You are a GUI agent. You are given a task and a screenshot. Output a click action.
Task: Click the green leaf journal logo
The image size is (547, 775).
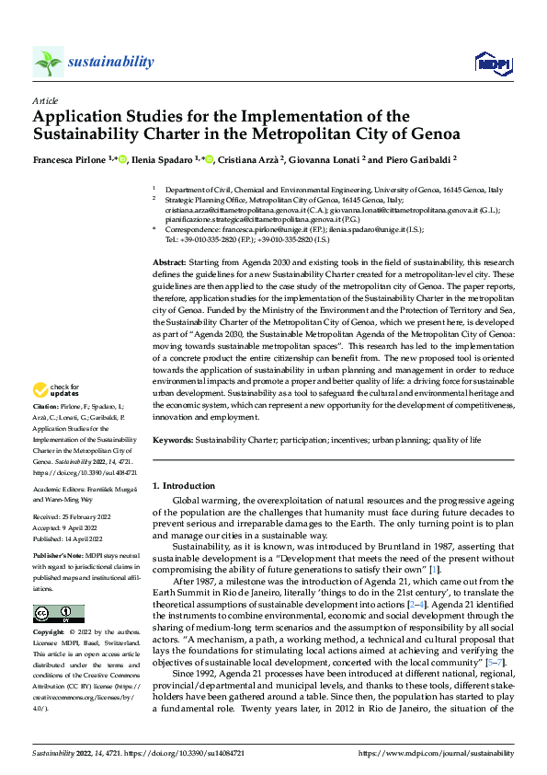pyautogui.click(x=48, y=62)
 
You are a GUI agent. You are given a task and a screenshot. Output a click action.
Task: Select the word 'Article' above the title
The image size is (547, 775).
pyautogui.click(x=45, y=99)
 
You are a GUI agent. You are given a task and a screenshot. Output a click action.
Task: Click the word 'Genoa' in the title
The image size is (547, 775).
pyautogui.click(x=433, y=135)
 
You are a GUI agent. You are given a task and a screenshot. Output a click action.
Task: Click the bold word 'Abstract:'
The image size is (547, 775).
pyautogui.click(x=169, y=262)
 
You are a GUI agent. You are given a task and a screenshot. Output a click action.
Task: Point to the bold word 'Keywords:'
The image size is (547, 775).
pyautogui.click(x=172, y=441)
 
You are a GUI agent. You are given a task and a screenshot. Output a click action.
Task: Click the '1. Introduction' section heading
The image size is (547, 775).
pyautogui.click(x=184, y=485)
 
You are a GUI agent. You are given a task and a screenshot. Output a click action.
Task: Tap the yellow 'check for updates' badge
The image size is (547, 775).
pyautogui.click(x=57, y=391)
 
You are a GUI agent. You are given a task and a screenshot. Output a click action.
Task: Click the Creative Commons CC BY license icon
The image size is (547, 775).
pyautogui.click(x=58, y=614)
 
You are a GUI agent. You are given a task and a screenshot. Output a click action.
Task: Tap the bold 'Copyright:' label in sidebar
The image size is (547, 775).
pyautogui.click(x=48, y=633)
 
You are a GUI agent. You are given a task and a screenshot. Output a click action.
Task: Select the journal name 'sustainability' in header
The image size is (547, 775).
pyautogui.click(x=110, y=62)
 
